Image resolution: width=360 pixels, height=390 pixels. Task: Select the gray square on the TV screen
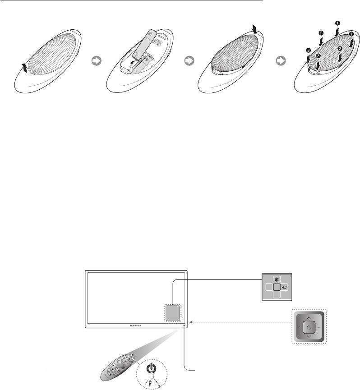tap(171, 312)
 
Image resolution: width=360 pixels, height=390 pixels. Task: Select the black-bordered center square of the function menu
tap(277, 287)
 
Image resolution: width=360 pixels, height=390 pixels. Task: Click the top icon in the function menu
tap(277, 279)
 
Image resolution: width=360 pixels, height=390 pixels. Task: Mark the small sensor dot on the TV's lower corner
tap(184, 323)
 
